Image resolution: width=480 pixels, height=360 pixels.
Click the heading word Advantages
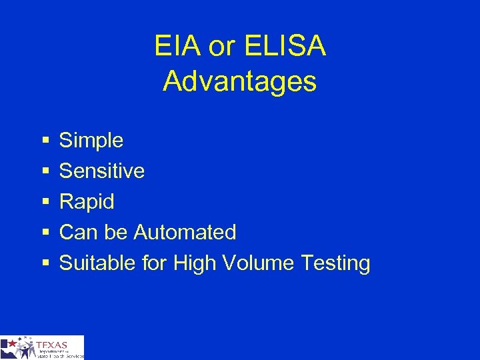240,81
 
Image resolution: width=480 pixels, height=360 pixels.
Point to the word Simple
91,140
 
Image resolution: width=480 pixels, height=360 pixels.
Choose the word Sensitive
102,171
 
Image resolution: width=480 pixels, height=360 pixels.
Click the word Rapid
87,201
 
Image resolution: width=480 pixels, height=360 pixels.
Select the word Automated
185,232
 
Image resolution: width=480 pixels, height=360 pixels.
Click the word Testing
335,263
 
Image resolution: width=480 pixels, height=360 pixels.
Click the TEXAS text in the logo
53,345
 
